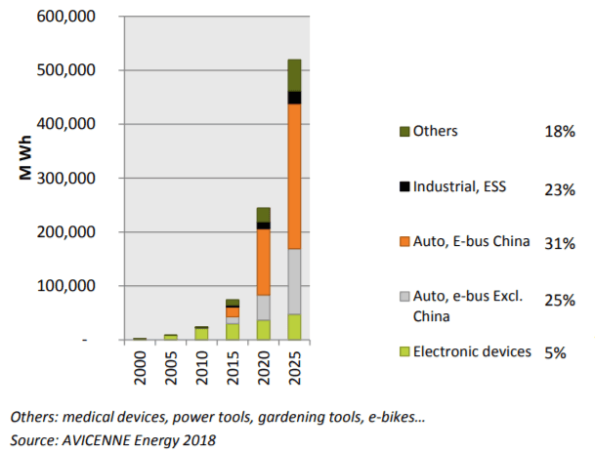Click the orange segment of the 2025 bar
pyautogui.click(x=293, y=176)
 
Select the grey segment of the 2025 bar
pyautogui.click(x=293, y=281)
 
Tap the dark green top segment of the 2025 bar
pyautogui.click(x=293, y=75)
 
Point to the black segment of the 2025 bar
pyautogui.click(x=293, y=98)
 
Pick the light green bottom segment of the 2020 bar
pyautogui.click(x=263, y=330)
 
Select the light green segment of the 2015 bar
pyautogui.click(x=233, y=332)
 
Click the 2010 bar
pyautogui.click(x=201, y=334)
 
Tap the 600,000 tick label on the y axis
pyautogui.click(x=65, y=17)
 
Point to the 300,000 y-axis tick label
pyautogui.click(x=65, y=179)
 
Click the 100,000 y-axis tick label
pyautogui.click(x=65, y=286)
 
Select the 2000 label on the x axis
pyautogui.click(x=141, y=367)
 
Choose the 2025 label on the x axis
pyautogui.click(x=294, y=367)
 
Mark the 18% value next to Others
pyautogui.click(x=560, y=131)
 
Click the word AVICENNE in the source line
pyautogui.click(x=100, y=439)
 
